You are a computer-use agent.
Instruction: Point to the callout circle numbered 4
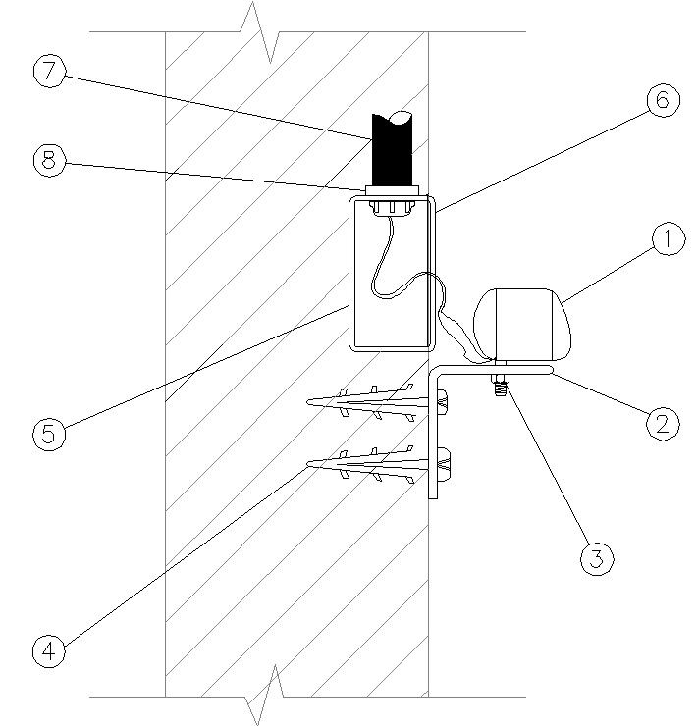[x=49, y=649]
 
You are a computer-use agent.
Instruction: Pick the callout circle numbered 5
[x=49, y=435]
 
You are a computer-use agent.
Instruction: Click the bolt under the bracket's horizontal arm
[x=500, y=383]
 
